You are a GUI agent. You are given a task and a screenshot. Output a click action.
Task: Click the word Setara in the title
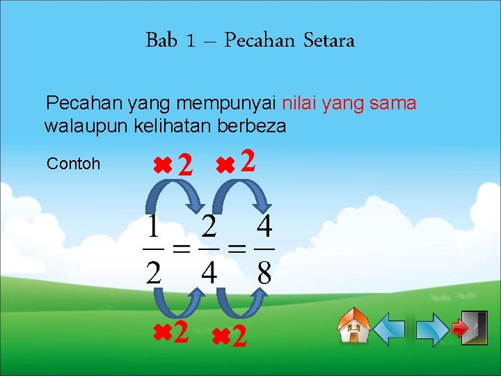(x=329, y=40)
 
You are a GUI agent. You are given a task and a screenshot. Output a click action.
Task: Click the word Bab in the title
(x=161, y=40)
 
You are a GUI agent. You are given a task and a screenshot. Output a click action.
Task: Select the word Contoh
(x=73, y=164)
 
